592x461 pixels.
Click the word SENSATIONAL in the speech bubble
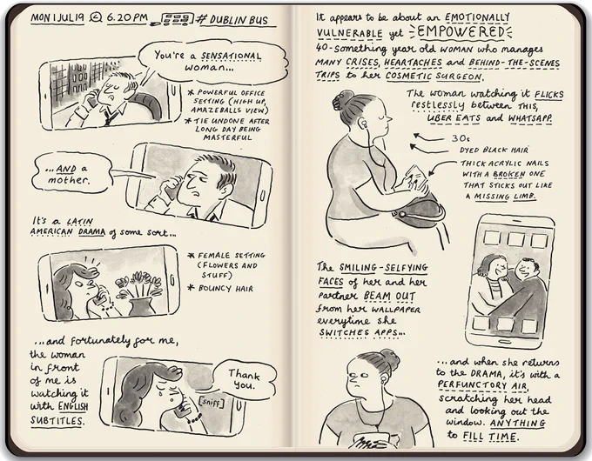231,57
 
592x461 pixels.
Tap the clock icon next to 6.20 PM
97,17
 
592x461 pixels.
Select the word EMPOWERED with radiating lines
461,32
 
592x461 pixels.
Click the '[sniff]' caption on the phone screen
211,402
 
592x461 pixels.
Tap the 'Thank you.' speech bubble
245,379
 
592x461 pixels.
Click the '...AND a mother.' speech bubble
71,174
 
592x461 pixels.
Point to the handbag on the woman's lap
419,212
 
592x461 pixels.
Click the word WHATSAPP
530,118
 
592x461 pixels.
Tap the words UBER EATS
454,118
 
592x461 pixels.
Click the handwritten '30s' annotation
461,138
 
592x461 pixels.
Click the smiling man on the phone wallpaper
526,287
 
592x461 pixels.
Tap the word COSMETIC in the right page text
408,76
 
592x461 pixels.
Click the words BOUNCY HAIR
225,289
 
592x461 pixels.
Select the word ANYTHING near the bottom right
518,424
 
